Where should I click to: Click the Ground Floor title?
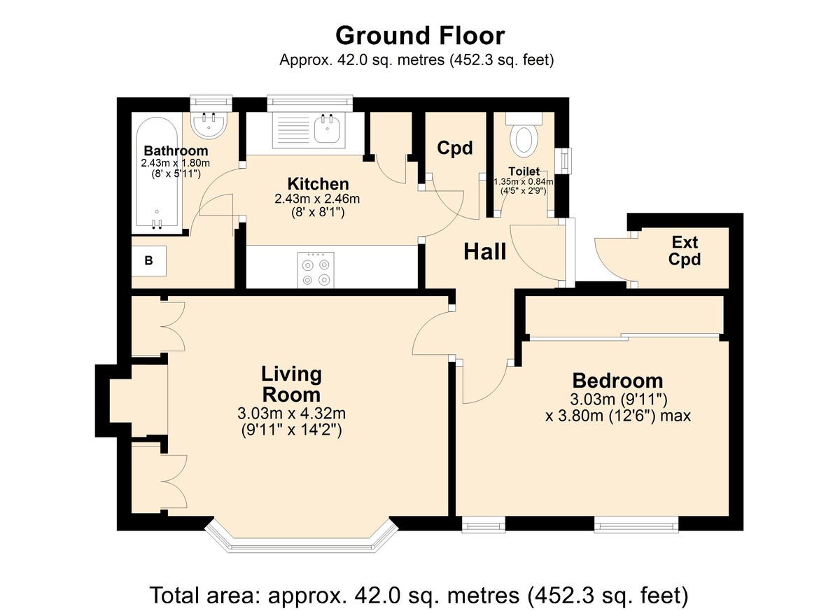pyautogui.click(x=420, y=36)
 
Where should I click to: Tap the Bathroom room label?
pyautogui.click(x=176, y=150)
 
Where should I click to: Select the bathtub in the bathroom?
pyautogui.click(x=157, y=172)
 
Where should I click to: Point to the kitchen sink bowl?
pyautogui.click(x=328, y=129)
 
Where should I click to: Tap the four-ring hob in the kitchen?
pyautogui.click(x=316, y=270)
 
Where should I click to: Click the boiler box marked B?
pyautogui.click(x=149, y=261)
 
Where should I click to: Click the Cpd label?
pyautogui.click(x=454, y=148)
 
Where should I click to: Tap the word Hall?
pyautogui.click(x=485, y=251)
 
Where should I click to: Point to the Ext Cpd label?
pyautogui.click(x=685, y=251)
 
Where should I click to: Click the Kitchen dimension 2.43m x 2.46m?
pyautogui.click(x=317, y=199)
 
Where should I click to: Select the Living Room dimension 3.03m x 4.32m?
pyautogui.click(x=291, y=414)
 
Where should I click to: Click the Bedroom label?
pyautogui.click(x=617, y=381)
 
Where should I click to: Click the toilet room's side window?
pyautogui.click(x=563, y=161)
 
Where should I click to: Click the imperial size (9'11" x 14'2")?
pyautogui.click(x=291, y=430)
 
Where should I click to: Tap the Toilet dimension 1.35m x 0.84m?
pyautogui.click(x=524, y=182)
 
